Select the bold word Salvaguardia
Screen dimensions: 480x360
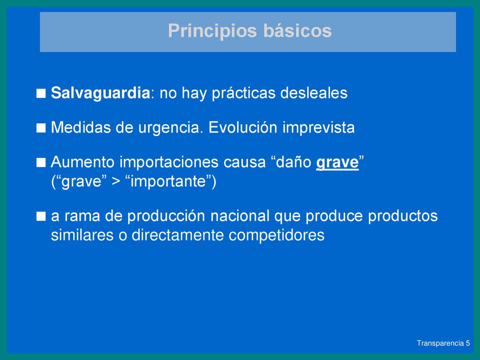click(x=100, y=93)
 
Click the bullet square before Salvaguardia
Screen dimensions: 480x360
click(x=41, y=93)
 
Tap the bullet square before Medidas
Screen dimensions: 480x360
click(x=41, y=128)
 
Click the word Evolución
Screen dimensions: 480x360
click(x=243, y=127)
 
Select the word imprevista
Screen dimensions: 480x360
click(x=318, y=128)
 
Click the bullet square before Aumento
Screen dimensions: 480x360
click(x=41, y=163)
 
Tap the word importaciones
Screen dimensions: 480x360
click(x=169, y=162)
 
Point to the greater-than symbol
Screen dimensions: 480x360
click(x=116, y=181)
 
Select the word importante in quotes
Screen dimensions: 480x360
click(x=168, y=181)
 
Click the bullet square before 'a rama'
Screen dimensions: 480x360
click(x=41, y=217)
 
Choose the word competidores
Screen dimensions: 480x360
click(x=277, y=235)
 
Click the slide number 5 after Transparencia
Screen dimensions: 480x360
click(x=467, y=343)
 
